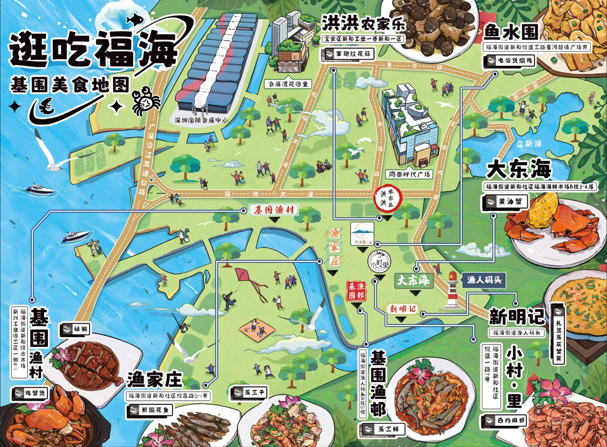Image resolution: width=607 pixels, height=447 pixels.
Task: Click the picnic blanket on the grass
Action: (257, 329)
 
